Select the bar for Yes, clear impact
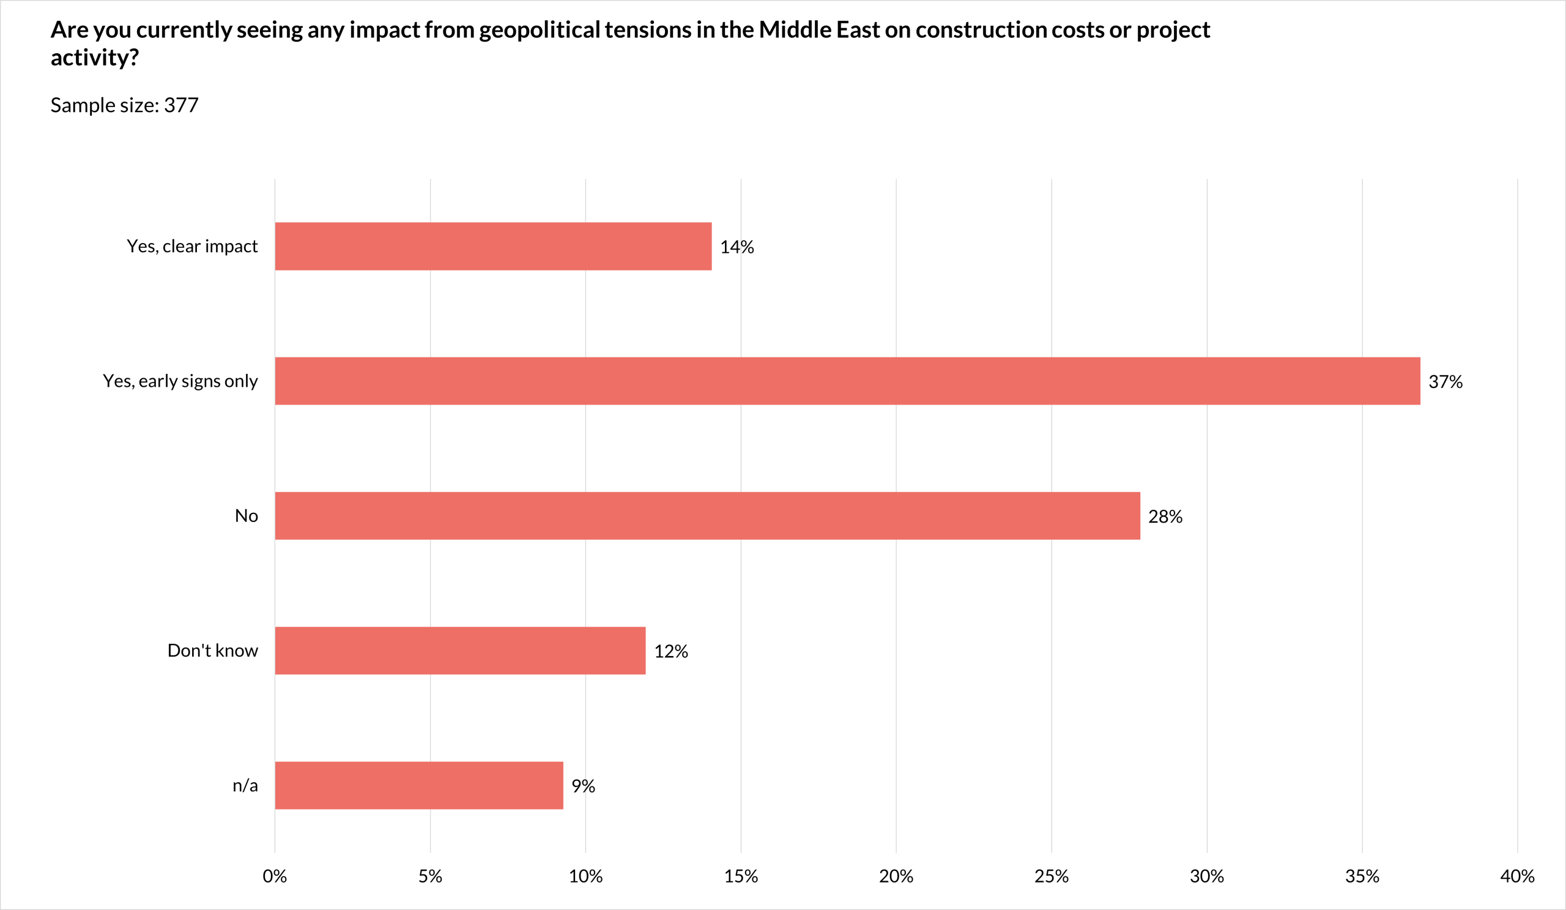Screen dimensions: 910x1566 point(493,246)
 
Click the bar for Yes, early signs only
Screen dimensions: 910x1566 point(847,381)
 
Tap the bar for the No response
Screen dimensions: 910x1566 point(707,516)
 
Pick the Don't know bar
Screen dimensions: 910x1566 point(460,651)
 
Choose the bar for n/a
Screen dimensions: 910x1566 point(419,786)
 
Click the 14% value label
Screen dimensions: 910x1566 point(737,247)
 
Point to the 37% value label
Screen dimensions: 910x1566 point(1445,382)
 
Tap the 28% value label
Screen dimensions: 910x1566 point(1165,517)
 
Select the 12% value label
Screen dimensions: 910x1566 point(670,652)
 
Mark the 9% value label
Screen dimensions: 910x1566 point(583,787)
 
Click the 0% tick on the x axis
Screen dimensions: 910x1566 point(275,877)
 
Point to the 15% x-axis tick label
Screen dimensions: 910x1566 point(741,877)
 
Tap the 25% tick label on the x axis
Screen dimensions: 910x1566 point(1052,877)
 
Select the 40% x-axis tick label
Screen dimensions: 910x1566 point(1517,877)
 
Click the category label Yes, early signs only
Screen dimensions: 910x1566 point(180,381)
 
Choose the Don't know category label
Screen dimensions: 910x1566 point(212,651)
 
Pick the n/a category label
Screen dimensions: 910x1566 point(245,786)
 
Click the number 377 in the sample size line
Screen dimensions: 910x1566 point(181,106)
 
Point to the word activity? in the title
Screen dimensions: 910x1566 point(94,58)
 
